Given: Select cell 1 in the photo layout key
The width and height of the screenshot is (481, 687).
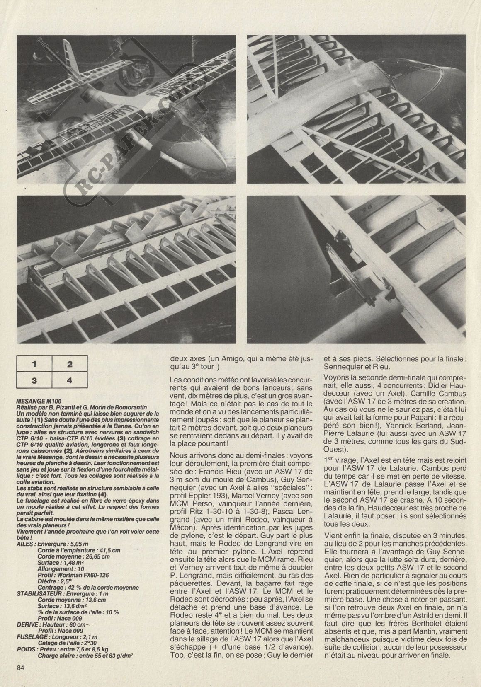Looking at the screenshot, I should (35, 364).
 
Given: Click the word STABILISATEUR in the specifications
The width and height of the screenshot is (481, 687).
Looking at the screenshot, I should (37, 593).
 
